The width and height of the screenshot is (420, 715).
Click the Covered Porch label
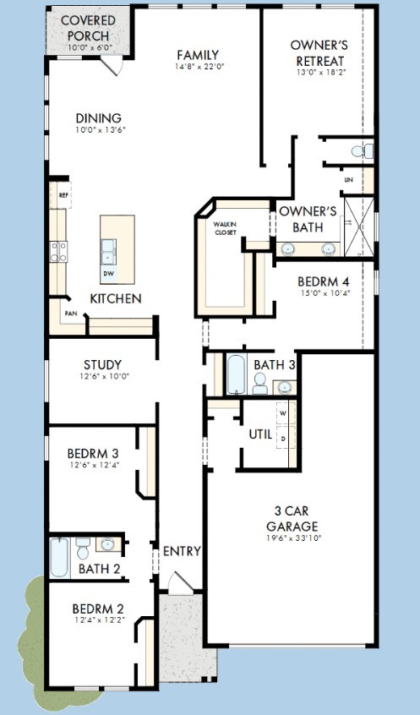(88, 28)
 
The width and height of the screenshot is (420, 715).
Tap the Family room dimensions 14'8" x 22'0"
(198, 67)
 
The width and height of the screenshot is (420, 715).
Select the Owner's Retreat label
(319, 53)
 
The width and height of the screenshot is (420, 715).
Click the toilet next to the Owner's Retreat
(363, 151)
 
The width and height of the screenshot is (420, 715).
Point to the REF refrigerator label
(63, 194)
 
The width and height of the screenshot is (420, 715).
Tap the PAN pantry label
(70, 314)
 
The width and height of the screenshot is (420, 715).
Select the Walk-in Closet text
(226, 228)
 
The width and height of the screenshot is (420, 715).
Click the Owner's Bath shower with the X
(359, 227)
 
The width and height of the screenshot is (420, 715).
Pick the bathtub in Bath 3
(237, 374)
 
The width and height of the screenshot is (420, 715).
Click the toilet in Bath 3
(260, 384)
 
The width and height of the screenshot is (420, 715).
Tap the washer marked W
(284, 413)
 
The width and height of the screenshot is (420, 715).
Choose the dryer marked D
(284, 438)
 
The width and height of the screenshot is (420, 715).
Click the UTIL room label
(260, 434)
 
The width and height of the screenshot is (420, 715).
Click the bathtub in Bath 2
(60, 558)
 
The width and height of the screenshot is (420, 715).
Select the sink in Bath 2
(108, 544)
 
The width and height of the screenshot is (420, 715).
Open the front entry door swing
(180, 584)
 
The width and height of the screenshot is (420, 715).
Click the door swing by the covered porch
(112, 65)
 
